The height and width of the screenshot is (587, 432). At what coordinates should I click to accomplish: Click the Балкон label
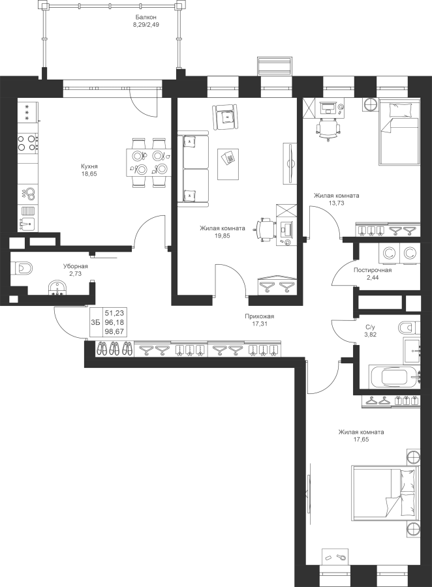[x=146, y=17]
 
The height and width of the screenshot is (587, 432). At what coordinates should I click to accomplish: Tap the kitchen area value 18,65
[x=89, y=173]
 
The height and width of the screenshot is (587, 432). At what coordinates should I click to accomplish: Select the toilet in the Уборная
[x=22, y=269]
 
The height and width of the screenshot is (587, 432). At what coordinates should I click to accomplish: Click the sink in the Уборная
[x=57, y=288]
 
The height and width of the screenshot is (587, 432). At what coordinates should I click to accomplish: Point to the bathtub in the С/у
[x=395, y=376]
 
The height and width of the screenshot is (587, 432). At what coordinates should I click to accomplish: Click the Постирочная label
[x=373, y=270]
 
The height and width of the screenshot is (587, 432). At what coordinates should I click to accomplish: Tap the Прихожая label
[x=257, y=316]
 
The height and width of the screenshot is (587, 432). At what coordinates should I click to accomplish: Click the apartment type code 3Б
[x=95, y=322]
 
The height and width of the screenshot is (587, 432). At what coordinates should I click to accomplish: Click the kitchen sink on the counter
[x=27, y=224]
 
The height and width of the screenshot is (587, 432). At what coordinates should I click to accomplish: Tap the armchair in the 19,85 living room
[x=225, y=117]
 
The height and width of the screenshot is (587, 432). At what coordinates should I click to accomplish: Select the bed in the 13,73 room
[x=399, y=131]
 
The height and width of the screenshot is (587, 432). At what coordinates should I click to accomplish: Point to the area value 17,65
[x=361, y=440]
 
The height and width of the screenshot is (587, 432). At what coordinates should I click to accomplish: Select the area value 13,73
[x=336, y=203]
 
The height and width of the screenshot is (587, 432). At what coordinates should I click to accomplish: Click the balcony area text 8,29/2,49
[x=146, y=25]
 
